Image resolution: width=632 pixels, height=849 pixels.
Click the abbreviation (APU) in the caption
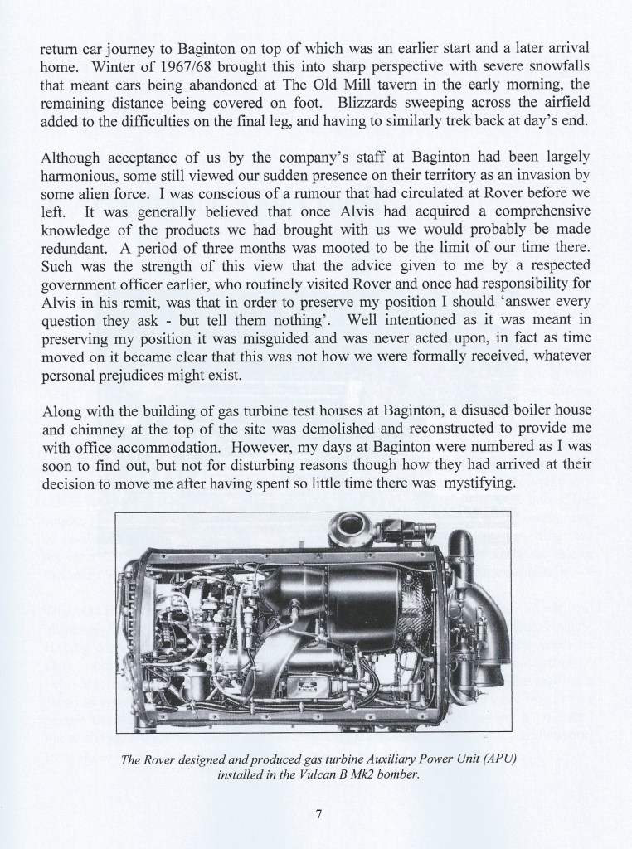pos(496,761)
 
